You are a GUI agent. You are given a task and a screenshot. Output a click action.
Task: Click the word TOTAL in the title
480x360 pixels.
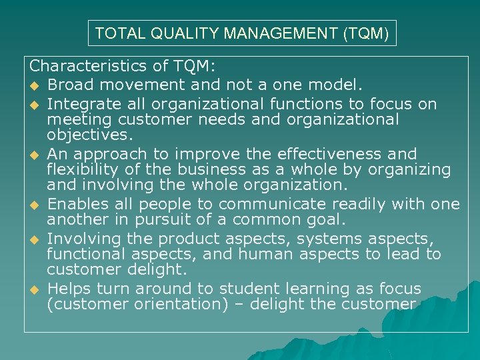pos(114,33)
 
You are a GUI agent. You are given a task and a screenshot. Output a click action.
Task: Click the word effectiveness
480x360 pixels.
pos(336,154)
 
